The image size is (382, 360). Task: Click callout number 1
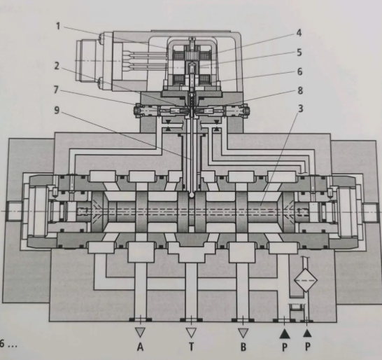58,26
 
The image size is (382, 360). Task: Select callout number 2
57,66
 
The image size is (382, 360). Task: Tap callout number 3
301,109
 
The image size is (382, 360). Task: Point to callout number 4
299,33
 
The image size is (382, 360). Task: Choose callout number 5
299,53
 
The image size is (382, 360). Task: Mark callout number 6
299,71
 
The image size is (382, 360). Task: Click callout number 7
56,90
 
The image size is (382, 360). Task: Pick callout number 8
300,91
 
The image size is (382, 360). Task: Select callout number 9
57,110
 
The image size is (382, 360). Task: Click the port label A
140,347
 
